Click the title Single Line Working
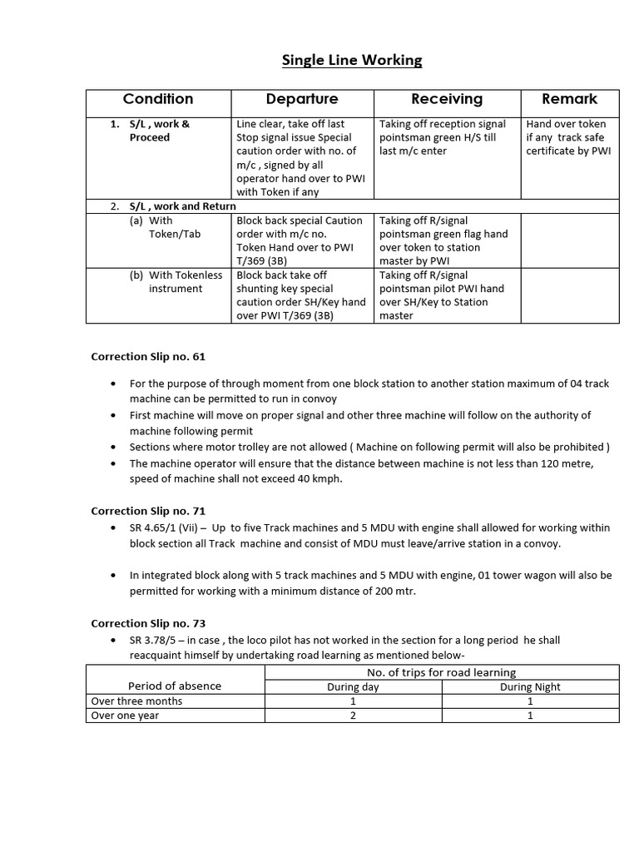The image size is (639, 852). click(352, 60)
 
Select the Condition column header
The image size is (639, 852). click(158, 99)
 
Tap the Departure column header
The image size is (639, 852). click(302, 99)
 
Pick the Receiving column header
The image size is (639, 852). click(447, 99)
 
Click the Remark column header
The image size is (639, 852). click(569, 99)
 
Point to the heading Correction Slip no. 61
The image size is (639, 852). click(148, 356)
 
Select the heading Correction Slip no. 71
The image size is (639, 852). click(148, 511)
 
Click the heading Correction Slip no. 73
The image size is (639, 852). click(148, 623)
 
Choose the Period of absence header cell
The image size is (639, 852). click(175, 686)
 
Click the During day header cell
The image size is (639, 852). click(353, 686)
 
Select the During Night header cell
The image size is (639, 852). click(530, 686)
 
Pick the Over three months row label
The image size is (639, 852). click(136, 701)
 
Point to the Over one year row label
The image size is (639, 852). click(125, 715)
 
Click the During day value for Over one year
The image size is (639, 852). click(353, 715)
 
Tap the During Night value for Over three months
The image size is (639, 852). click(530, 701)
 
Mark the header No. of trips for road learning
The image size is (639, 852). click(441, 671)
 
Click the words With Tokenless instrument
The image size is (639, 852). click(176, 282)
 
